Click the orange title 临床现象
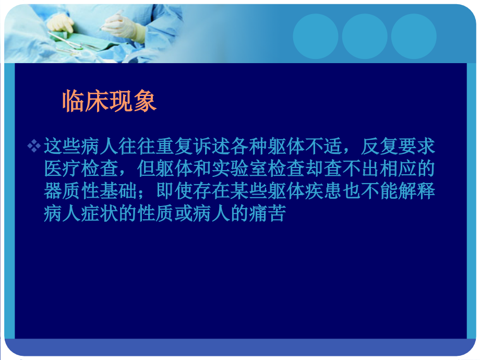click(110, 101)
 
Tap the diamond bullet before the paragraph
click(34, 147)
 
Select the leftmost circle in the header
click(315, 36)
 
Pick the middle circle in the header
click(365, 36)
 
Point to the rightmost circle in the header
click(414, 36)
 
